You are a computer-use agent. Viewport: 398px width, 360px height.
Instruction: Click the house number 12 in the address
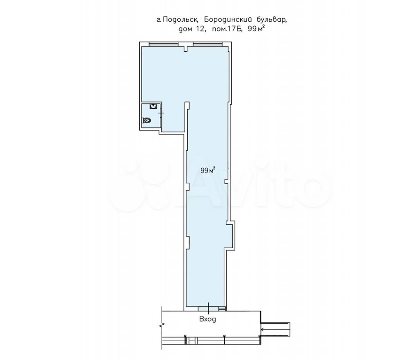click(200, 29)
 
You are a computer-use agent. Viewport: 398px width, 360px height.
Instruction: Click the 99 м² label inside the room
click(208, 170)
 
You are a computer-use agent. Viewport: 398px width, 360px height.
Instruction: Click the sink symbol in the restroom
click(153, 106)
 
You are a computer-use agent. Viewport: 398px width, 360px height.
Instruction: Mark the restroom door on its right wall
click(161, 113)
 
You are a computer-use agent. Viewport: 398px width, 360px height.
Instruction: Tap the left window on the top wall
click(163, 44)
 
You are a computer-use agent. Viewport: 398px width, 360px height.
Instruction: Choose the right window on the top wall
click(208, 44)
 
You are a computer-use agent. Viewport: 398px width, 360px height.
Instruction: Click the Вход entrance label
click(208, 319)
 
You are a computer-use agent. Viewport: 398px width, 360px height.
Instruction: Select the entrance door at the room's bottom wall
click(208, 309)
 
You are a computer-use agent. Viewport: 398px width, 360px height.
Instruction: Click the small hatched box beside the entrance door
click(222, 309)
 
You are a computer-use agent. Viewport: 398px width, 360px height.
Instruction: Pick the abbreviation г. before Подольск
click(159, 20)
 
